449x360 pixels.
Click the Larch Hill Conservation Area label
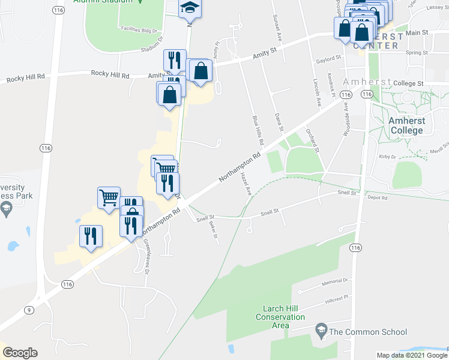click(x=277, y=317)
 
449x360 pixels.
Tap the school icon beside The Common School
click(x=321, y=331)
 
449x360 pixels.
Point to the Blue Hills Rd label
click(x=259, y=131)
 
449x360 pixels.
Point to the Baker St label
click(x=213, y=229)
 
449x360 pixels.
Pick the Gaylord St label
click(x=328, y=58)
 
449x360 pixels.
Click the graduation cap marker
click(x=190, y=7)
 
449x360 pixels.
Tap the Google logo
click(x=20, y=353)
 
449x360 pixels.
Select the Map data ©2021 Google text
click(x=411, y=355)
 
